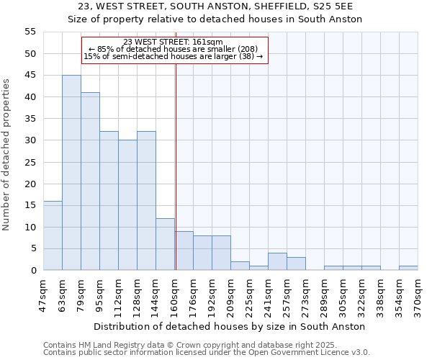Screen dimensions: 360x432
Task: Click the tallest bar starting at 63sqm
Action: [71, 173]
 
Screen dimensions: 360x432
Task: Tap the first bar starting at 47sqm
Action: [53, 235]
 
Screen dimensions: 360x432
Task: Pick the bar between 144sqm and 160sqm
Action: [165, 244]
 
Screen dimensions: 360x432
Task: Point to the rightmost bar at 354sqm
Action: [408, 268]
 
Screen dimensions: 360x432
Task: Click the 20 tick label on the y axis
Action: [30, 184]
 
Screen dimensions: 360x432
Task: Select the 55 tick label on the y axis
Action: [30, 32]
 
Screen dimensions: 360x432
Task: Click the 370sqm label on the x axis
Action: [418, 292]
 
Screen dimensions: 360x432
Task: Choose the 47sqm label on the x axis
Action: [43, 292]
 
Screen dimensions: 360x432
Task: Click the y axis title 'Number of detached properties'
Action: [6, 155]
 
